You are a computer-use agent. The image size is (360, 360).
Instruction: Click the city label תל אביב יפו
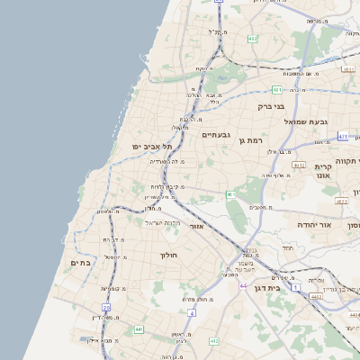pyautogui.click(x=138, y=147)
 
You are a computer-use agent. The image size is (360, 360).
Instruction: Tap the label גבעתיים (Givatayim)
pyautogui.click(x=217, y=134)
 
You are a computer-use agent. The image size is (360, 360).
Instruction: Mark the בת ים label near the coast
pyautogui.click(x=80, y=263)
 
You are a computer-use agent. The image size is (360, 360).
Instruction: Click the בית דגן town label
pyautogui.click(x=287, y=289)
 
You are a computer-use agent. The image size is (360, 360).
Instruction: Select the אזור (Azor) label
pyautogui.click(x=196, y=227)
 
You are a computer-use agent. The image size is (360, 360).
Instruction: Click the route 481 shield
pyautogui.click(x=276, y=90)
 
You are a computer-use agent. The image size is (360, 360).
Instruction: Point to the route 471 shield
pyautogui.click(x=343, y=137)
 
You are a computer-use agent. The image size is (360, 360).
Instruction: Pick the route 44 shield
pyautogui.click(x=243, y=285)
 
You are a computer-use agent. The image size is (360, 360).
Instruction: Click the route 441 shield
pyautogui.click(x=139, y=330)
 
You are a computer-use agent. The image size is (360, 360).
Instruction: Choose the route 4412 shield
pyautogui.click(x=213, y=342)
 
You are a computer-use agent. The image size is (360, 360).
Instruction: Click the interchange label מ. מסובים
pyautogui.click(x=262, y=208)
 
